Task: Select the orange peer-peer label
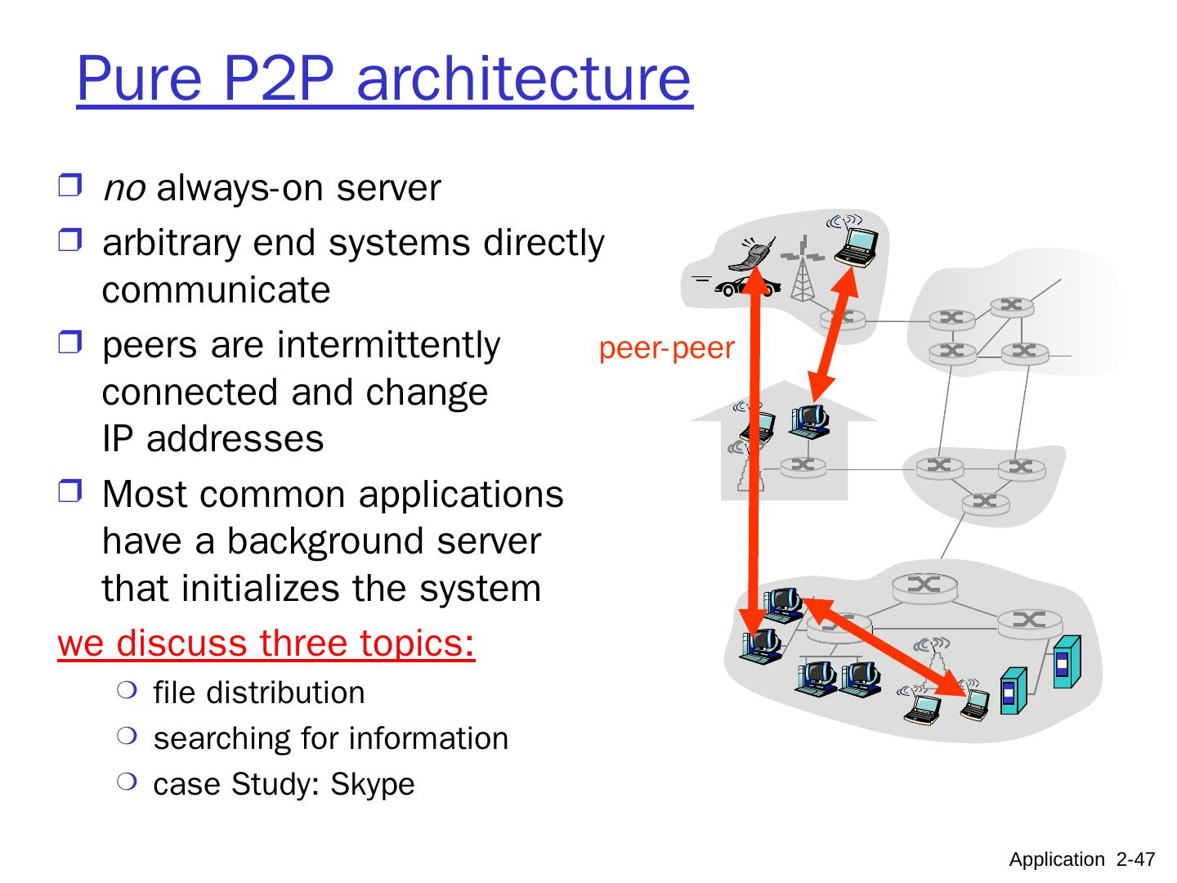[x=667, y=348]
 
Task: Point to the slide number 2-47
[x=1135, y=859]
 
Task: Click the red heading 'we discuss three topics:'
[x=266, y=643]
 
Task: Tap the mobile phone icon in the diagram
[x=754, y=254]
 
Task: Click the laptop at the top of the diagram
[x=856, y=243]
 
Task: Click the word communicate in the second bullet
[x=217, y=290]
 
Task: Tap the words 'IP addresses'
[x=213, y=439]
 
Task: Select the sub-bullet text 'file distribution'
[x=259, y=693]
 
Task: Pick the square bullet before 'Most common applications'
[x=70, y=492]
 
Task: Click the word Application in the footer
[x=1056, y=859]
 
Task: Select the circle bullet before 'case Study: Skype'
[x=124, y=782]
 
